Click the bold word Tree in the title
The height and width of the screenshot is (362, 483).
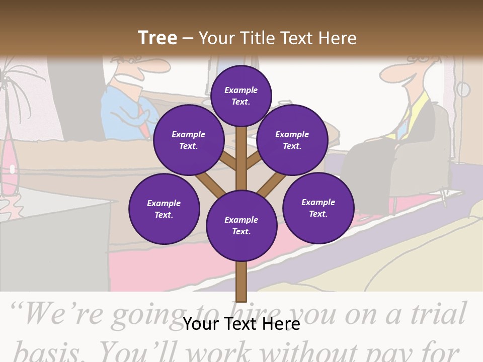pyautogui.click(x=157, y=38)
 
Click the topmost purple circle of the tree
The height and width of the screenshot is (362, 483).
pyautogui.click(x=241, y=96)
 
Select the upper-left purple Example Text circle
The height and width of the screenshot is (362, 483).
pyautogui.click(x=188, y=140)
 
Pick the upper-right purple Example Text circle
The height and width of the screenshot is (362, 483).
pyautogui.click(x=292, y=140)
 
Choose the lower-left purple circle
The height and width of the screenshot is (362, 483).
pyautogui.click(x=164, y=209)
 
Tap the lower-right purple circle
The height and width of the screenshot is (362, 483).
pyautogui.click(x=318, y=208)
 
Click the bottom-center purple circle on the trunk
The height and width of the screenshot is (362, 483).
pyautogui.click(x=242, y=226)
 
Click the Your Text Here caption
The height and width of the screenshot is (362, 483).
pyautogui.click(x=242, y=324)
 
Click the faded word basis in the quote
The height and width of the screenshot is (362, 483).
pyautogui.click(x=43, y=350)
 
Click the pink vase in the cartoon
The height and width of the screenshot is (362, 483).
pyautogui.click(x=10, y=166)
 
